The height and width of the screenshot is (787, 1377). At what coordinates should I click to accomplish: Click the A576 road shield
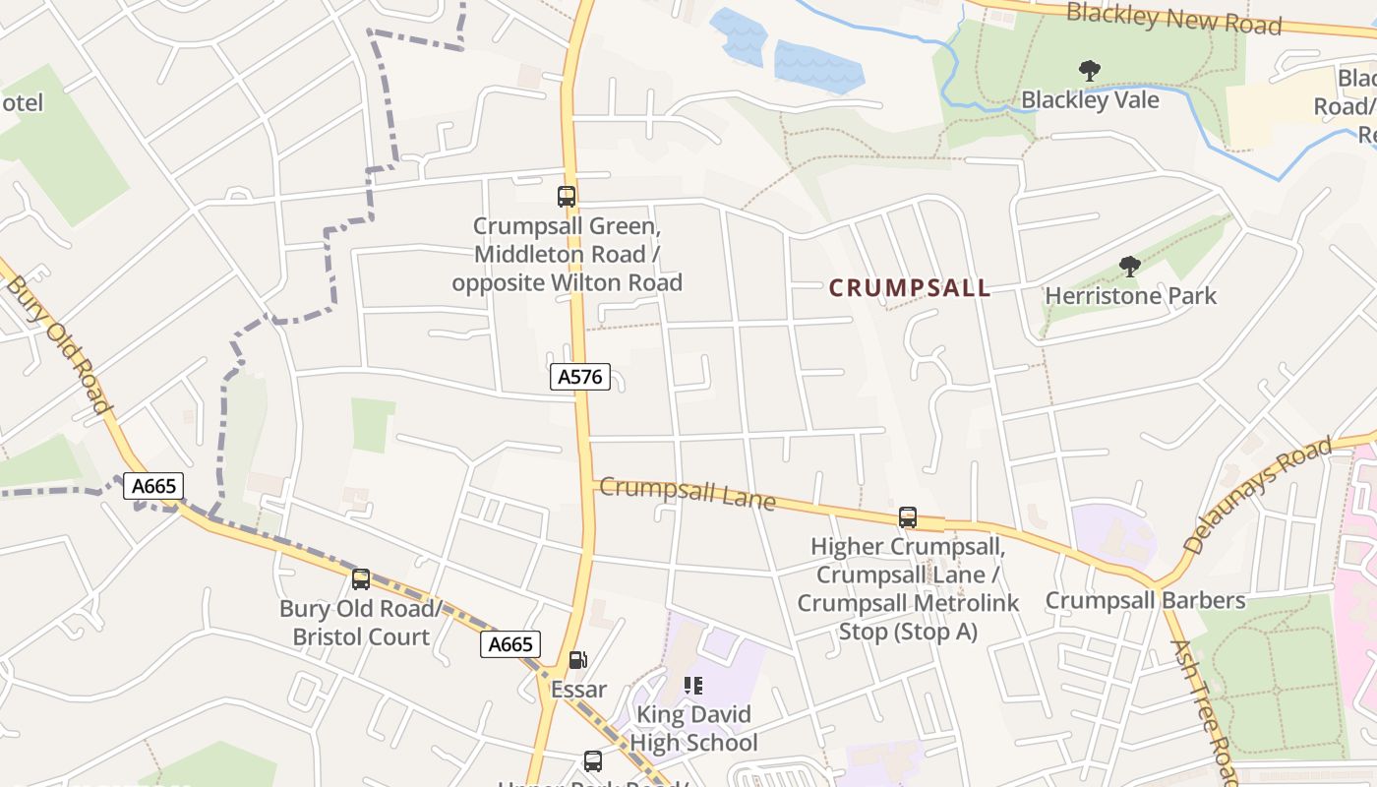[580, 377]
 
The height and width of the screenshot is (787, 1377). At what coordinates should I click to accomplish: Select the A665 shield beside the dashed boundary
[153, 485]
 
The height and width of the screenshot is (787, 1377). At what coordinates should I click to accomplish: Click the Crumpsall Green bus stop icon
[567, 196]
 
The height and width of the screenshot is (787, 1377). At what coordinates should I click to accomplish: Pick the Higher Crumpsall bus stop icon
[908, 516]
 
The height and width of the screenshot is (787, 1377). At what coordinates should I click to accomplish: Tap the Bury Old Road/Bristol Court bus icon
[361, 579]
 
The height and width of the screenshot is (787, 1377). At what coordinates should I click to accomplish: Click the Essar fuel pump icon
[578, 660]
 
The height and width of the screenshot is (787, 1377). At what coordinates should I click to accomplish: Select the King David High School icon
[693, 686]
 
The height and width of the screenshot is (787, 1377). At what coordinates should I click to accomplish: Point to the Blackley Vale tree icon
[1089, 71]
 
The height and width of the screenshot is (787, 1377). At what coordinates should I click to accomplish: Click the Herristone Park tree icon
[1130, 266]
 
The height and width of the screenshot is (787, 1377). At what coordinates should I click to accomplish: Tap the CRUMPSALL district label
[910, 288]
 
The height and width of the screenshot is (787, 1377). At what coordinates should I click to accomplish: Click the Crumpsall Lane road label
[688, 493]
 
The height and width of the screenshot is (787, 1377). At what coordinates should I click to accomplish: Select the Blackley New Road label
[1173, 19]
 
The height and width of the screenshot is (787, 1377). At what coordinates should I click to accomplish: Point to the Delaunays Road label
[1259, 495]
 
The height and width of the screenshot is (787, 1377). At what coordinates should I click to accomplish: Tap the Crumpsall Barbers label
[1145, 600]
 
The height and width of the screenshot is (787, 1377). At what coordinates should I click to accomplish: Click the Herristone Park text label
[1130, 296]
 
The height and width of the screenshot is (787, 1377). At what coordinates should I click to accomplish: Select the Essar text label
[578, 690]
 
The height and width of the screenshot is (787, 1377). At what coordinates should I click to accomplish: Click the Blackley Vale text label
[1090, 100]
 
